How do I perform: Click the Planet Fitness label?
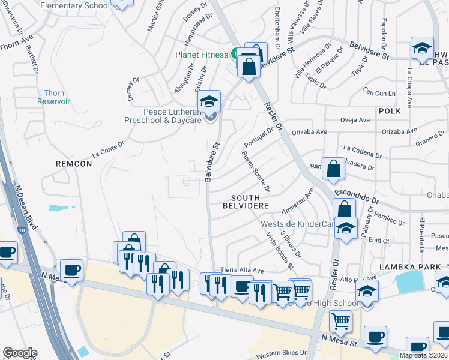202,55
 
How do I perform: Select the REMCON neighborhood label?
73,163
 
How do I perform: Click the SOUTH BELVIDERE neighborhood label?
246,202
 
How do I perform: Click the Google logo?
20,353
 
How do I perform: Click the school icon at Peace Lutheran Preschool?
209,101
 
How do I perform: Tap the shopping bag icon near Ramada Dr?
333,169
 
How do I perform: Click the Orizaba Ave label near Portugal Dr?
309,131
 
